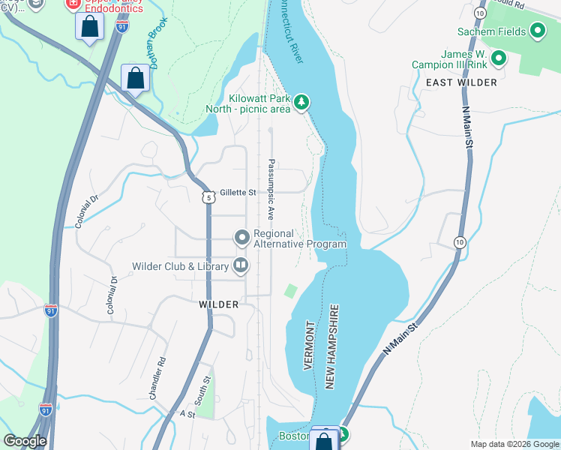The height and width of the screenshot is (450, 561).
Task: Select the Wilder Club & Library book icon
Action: (241, 264)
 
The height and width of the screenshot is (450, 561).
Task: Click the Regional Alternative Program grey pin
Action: (241, 238)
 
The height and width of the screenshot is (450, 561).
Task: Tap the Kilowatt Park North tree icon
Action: (301, 102)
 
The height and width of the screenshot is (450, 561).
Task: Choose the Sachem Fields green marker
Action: (537, 31)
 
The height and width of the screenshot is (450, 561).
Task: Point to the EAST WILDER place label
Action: (460, 82)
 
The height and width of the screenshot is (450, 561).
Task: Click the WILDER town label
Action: (218, 304)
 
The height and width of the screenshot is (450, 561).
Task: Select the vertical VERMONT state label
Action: (309, 346)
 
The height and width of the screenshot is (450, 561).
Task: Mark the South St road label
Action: (198, 388)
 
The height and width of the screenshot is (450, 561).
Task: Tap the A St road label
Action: (187, 413)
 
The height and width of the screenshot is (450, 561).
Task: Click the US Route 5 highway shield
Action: (208, 196)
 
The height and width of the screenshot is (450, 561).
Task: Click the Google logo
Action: (25, 441)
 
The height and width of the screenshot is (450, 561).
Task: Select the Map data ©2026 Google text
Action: (514, 444)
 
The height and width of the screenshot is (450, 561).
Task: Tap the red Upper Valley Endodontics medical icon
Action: (73, 4)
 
